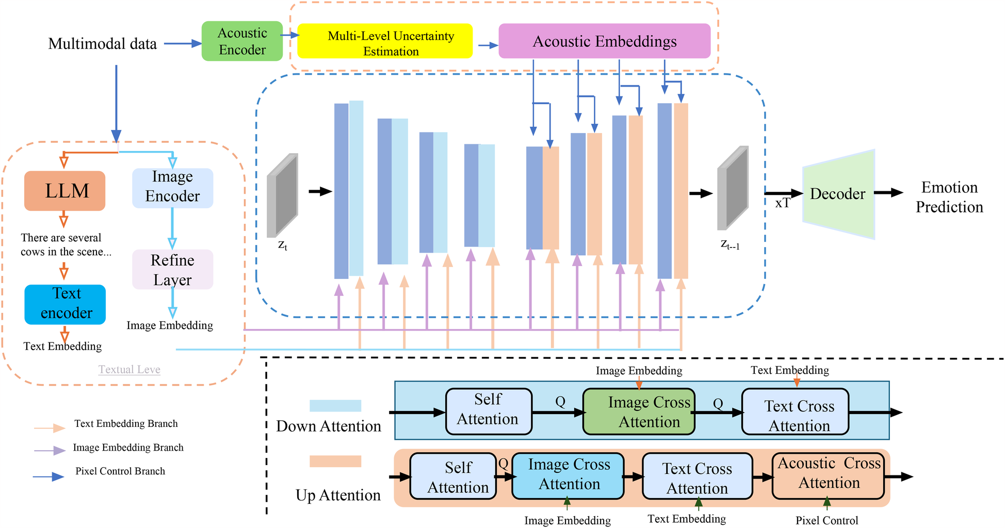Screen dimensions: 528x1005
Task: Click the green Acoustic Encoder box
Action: coord(242,41)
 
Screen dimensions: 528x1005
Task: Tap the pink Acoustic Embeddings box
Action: coord(604,41)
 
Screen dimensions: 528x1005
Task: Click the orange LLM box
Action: coord(65,191)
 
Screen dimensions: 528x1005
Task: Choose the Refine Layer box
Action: coord(172,269)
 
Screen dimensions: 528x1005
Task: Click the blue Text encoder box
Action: coord(65,304)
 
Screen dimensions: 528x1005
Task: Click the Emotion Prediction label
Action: coord(949,197)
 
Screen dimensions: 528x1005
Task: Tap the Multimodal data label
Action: coord(102,44)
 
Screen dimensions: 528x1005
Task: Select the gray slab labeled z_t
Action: coord(282,195)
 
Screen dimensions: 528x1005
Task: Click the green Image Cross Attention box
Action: coord(639,411)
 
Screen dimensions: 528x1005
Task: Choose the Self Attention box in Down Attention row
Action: coord(488,411)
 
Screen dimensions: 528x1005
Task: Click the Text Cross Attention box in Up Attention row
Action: coord(697,476)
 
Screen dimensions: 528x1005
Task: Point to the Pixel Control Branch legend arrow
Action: coord(49,476)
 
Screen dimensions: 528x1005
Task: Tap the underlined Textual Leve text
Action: coord(129,370)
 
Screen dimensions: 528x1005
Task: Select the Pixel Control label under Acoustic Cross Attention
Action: coord(826,520)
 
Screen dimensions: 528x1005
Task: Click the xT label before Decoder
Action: coord(782,203)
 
